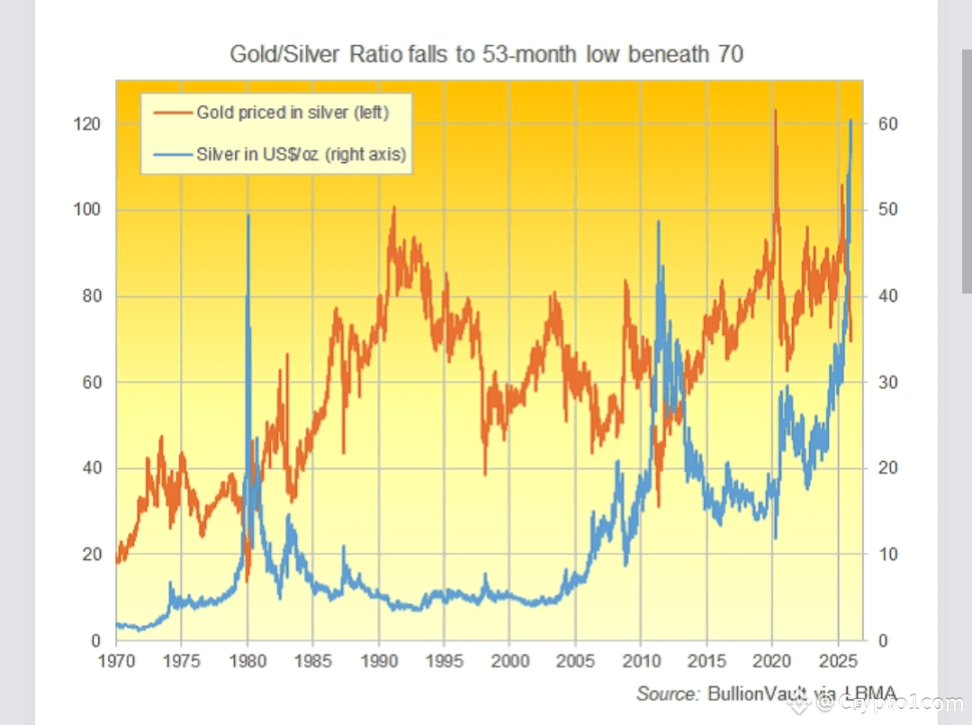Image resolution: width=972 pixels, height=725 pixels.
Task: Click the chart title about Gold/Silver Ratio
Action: (486, 55)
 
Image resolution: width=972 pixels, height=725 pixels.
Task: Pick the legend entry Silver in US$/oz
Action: (301, 155)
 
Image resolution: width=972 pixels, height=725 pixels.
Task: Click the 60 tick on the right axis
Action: (887, 124)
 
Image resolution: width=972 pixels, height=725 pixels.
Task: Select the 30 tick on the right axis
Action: (887, 383)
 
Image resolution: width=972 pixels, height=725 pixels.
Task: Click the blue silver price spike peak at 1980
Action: (248, 216)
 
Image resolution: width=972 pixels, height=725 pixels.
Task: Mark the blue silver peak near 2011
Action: (659, 222)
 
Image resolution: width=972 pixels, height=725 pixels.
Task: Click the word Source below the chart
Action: (668, 693)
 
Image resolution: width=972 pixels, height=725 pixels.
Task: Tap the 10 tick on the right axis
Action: (887, 555)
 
